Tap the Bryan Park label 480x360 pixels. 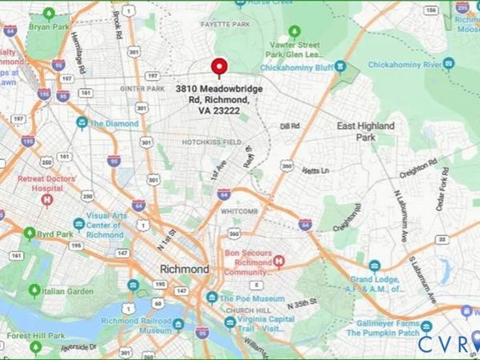coord(49,26)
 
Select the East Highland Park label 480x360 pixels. coord(365,132)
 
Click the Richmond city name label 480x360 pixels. coord(184,269)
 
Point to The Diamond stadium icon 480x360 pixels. coord(82,123)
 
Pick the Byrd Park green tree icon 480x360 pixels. coord(30,234)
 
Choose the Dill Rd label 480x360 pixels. coord(289,126)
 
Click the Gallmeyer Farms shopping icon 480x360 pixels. coord(426,326)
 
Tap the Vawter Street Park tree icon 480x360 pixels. coord(294,31)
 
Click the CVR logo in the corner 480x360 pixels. coord(447,343)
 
